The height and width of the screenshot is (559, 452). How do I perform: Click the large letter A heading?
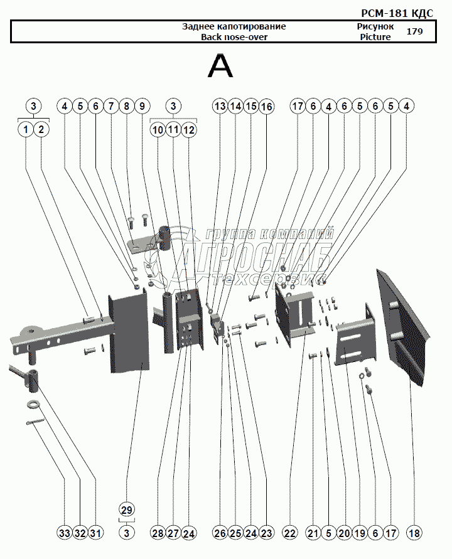click(x=220, y=67)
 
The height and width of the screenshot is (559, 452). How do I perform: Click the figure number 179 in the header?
click(x=414, y=31)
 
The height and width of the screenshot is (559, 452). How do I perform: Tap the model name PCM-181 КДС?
click(x=397, y=13)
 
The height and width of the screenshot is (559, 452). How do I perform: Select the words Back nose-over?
click(x=234, y=37)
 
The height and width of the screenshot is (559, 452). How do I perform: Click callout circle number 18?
click(x=414, y=533)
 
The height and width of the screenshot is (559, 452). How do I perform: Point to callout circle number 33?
click(x=65, y=533)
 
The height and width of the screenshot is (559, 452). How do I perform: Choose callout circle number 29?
click(x=127, y=510)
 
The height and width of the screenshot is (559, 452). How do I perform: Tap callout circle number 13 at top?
click(x=220, y=106)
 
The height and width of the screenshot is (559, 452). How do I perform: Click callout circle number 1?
click(x=25, y=129)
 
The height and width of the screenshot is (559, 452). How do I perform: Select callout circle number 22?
click(x=289, y=533)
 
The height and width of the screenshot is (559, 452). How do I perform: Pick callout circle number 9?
click(x=143, y=106)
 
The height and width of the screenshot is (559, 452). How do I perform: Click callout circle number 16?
click(x=266, y=106)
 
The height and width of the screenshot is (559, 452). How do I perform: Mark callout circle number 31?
click(x=95, y=533)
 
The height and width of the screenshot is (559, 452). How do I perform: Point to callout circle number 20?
click(x=344, y=533)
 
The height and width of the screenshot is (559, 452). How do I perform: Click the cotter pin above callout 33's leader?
click(x=35, y=422)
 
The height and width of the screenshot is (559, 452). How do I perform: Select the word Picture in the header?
click(x=375, y=37)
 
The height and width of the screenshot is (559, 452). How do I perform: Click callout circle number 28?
click(x=158, y=533)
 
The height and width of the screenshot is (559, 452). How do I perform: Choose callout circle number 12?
click(x=189, y=129)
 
